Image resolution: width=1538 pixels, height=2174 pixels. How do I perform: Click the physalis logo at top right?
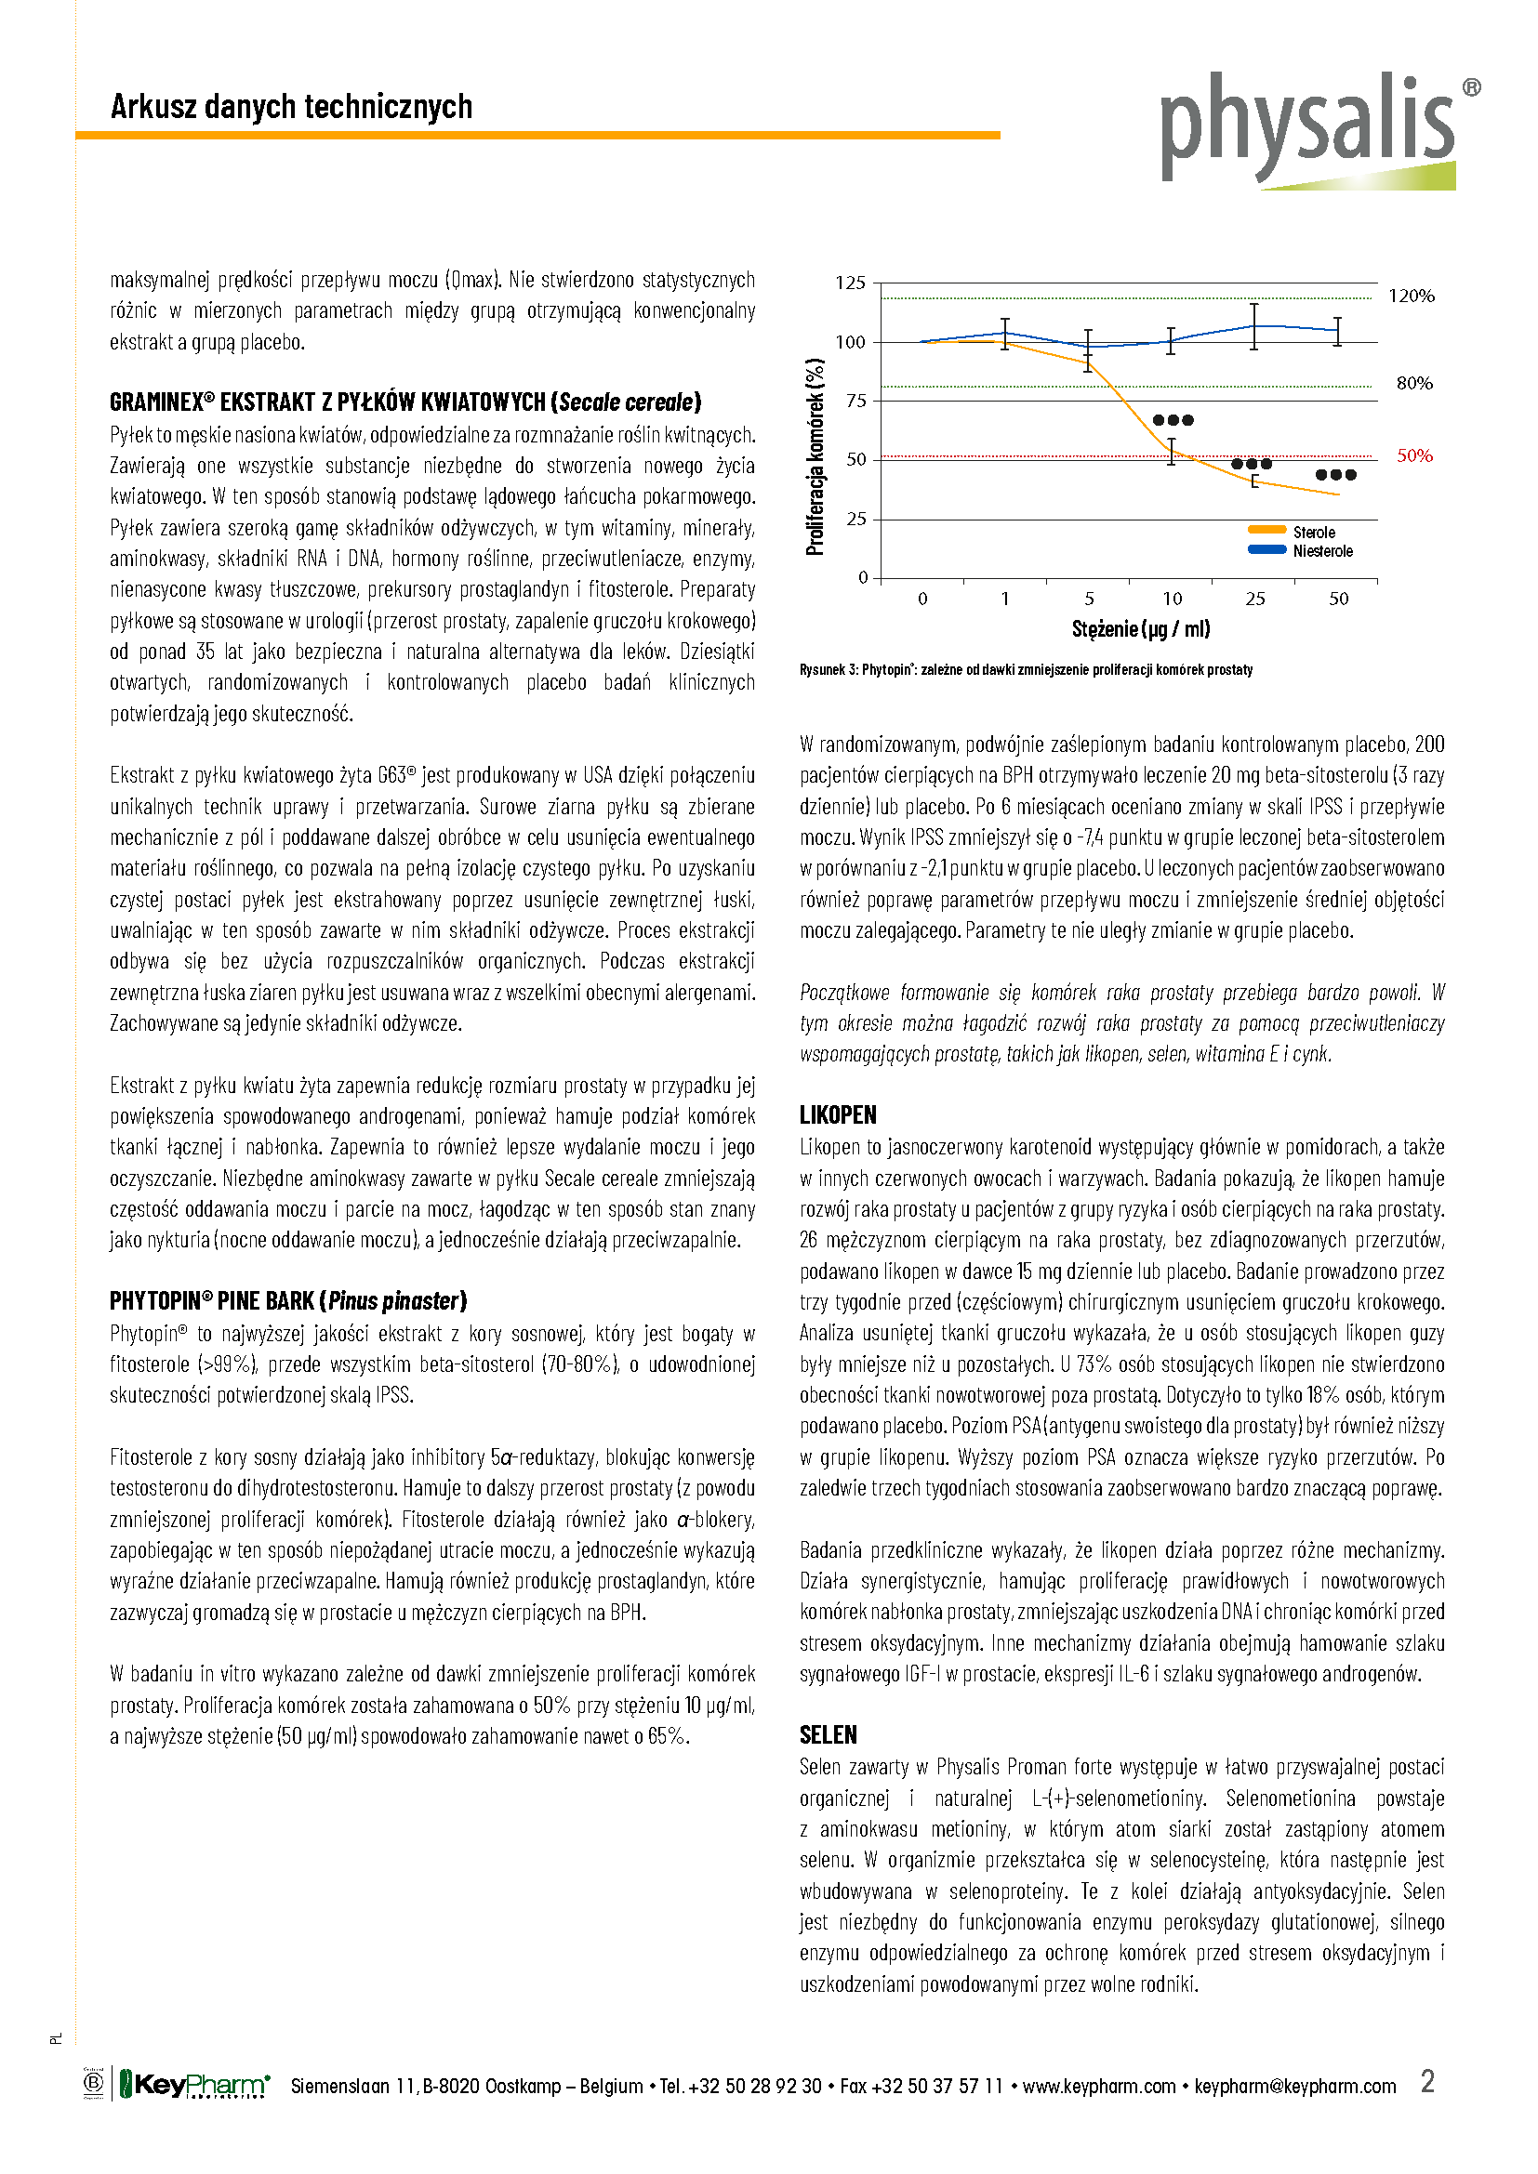tap(1313, 129)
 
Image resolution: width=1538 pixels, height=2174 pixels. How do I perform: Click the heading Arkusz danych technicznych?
tap(291, 107)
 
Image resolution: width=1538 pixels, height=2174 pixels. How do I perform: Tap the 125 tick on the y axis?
tap(850, 283)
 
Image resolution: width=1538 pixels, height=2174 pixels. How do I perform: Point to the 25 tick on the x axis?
tap(1254, 599)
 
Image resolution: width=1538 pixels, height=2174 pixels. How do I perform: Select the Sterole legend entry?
tap(1313, 533)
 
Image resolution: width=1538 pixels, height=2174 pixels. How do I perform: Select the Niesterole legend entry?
tap(1321, 551)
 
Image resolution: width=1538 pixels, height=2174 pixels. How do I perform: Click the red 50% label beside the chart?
tap(1414, 455)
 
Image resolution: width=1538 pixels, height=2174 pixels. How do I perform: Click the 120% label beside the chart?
tap(1412, 296)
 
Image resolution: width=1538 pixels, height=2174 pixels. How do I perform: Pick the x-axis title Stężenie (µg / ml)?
tap(1140, 628)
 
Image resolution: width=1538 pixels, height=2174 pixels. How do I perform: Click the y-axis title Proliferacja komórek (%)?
tap(815, 456)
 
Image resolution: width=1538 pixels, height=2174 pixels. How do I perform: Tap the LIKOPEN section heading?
tap(837, 1114)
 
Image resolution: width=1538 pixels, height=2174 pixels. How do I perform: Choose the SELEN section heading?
tap(828, 1734)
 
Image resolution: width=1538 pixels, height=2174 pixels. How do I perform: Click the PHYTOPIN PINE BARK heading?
tap(288, 1301)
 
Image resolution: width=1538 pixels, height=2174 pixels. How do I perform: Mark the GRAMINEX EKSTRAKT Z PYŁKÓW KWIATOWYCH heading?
tap(405, 402)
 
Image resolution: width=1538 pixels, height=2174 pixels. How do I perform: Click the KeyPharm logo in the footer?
tap(194, 2085)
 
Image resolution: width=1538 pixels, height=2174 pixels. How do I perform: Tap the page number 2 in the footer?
tap(1427, 2081)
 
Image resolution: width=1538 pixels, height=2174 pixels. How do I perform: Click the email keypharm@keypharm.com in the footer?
tap(1294, 2086)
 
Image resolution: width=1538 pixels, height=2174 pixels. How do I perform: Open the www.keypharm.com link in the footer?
tap(1098, 2086)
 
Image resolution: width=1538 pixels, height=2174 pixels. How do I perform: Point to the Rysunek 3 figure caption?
tap(1025, 669)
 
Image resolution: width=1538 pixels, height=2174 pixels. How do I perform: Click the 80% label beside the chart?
tap(1414, 384)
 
